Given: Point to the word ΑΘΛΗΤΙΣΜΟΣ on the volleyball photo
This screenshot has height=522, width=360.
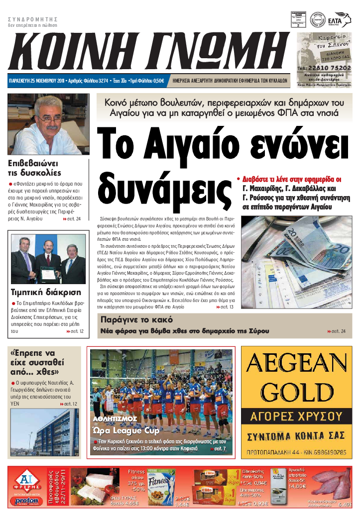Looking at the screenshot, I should (x=115, y=419).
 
